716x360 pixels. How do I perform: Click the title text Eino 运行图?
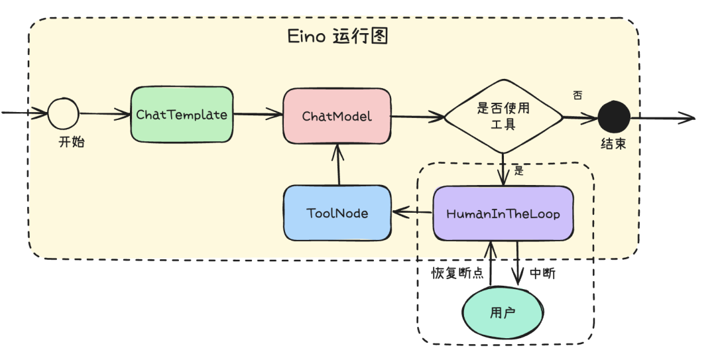337,36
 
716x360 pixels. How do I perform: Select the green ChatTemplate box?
182,115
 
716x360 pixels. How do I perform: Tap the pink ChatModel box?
337,116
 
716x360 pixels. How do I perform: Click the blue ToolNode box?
337,213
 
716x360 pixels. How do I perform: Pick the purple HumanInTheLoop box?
503,213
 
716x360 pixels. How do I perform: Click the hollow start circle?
63,115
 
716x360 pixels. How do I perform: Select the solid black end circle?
613,118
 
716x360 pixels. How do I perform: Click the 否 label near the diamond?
577,95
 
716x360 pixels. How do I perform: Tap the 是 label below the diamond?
518,170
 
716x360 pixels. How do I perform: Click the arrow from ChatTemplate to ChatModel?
259,115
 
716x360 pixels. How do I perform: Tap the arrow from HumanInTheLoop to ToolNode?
412,213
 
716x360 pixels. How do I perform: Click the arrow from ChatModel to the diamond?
418,117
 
